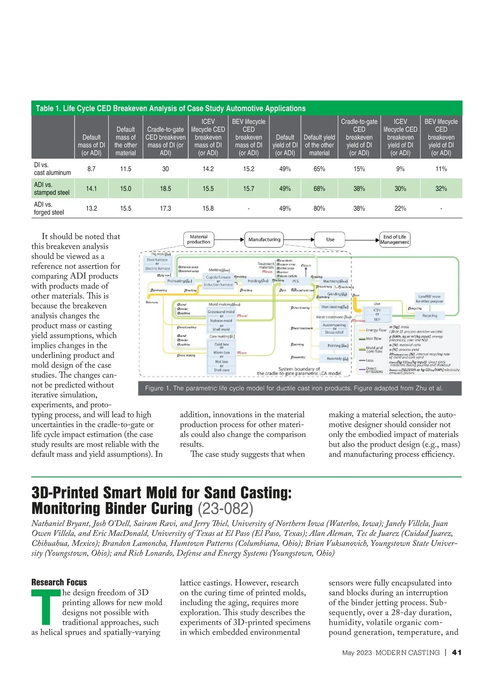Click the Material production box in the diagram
coord(198,239)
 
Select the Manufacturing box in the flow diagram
coord(264,239)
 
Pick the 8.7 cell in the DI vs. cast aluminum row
coord(91,169)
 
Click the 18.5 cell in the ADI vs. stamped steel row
coord(165,189)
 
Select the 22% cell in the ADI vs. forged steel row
coord(400,208)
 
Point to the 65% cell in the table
coord(319,169)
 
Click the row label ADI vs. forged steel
coord(49,208)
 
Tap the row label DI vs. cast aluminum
coord(52,169)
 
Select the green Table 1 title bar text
coord(170,108)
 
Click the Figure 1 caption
coord(294,388)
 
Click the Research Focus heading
coord(59,582)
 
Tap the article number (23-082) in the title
coord(226,508)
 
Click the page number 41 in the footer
coord(456,653)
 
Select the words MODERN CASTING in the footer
coord(407,653)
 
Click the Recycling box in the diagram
coord(430,316)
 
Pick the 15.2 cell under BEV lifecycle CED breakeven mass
coord(249,169)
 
